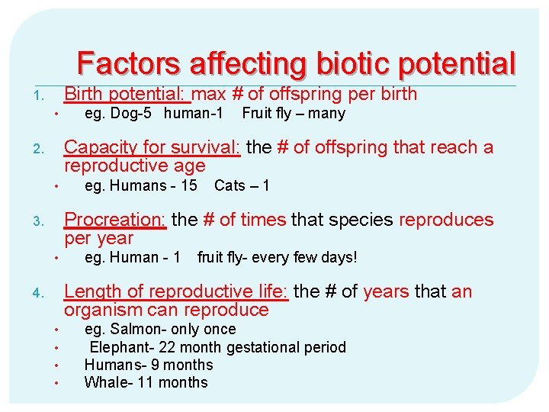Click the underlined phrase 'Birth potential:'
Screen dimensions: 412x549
click(127, 94)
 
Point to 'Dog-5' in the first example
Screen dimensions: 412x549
click(135, 114)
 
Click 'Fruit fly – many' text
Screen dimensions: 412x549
click(294, 114)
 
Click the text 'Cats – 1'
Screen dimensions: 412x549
click(242, 185)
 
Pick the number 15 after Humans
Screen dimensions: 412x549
click(188, 185)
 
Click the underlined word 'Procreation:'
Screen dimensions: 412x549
click(115, 220)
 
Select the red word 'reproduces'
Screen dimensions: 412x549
click(446, 220)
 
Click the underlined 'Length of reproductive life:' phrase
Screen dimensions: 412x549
click(176, 291)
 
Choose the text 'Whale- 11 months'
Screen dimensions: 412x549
click(146, 382)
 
